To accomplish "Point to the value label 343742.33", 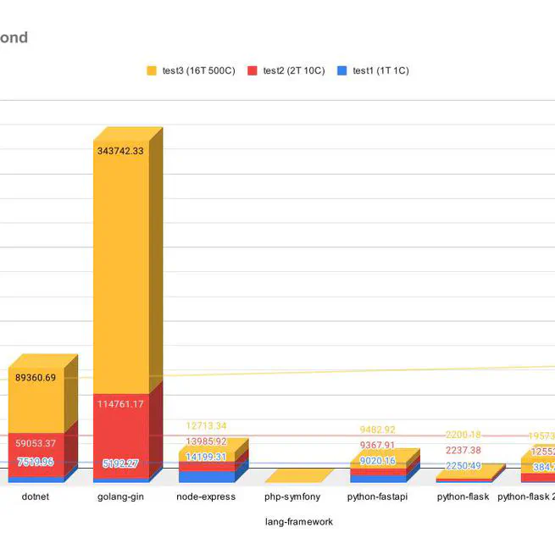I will pyautogui.click(x=120, y=151).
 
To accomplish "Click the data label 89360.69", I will pyautogui.click(x=36, y=378).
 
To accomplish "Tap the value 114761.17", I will pyautogui.click(x=120, y=404).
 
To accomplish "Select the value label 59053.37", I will pyautogui.click(x=36, y=443).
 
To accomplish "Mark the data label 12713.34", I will pyautogui.click(x=206, y=425).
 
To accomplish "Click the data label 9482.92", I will pyautogui.click(x=377, y=430).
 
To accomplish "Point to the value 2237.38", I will pyautogui.click(x=463, y=451).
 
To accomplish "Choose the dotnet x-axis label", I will pyautogui.click(x=36, y=497).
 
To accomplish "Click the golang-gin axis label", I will pyautogui.click(x=120, y=497).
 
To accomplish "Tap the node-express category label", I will pyautogui.click(x=206, y=497).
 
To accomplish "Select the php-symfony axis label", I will pyautogui.click(x=292, y=497).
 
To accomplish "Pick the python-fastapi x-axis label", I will pyautogui.click(x=377, y=497).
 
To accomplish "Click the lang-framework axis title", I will pyautogui.click(x=299, y=522).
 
